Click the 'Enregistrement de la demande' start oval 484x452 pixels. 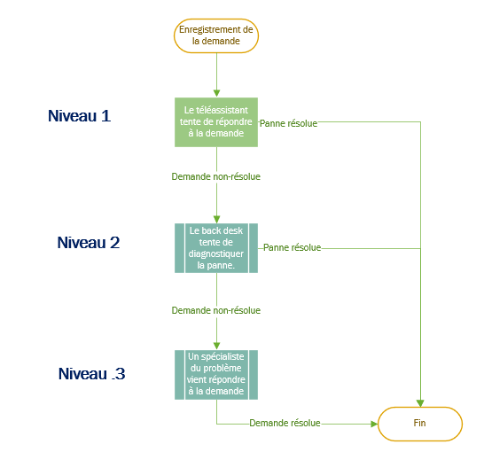(x=216, y=35)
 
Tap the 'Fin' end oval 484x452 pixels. (x=420, y=424)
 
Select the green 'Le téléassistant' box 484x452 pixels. (x=216, y=122)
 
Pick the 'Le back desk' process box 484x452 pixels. (x=216, y=248)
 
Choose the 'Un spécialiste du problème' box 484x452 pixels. (x=216, y=375)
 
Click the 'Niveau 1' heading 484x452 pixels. (x=79, y=116)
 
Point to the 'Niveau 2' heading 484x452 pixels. (x=89, y=243)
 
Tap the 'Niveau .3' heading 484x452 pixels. (x=91, y=374)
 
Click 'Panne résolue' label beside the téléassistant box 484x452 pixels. (x=288, y=123)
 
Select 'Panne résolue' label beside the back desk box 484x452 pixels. (x=292, y=247)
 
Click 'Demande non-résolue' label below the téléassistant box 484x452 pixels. (x=216, y=176)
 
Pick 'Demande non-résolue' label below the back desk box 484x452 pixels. (x=216, y=310)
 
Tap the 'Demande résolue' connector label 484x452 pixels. (x=285, y=423)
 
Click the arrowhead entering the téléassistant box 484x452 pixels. (x=216, y=93)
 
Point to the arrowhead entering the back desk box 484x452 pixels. (x=216, y=220)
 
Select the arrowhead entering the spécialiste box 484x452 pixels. (x=216, y=346)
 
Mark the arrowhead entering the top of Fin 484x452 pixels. (x=420, y=403)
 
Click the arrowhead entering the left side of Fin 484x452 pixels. (x=374, y=424)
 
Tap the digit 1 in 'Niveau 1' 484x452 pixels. (x=105, y=116)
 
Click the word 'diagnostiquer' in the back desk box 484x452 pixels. (x=216, y=253)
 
